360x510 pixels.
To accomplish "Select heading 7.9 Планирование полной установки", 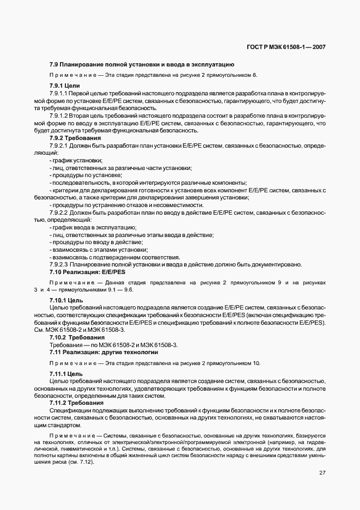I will click(x=142, y=64).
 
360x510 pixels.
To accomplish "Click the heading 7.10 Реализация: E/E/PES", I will click(x=87, y=272).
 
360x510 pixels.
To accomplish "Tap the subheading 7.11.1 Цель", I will click(x=66, y=374).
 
